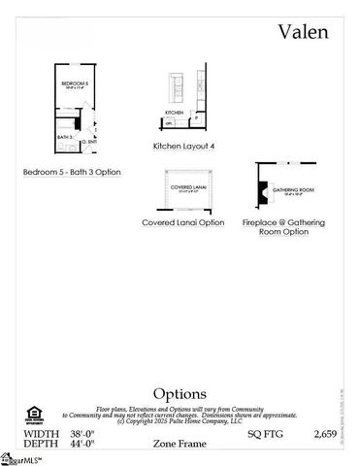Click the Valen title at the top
click(x=304, y=31)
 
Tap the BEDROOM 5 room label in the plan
click(x=75, y=84)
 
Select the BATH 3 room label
click(x=65, y=138)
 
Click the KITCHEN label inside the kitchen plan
click(x=175, y=113)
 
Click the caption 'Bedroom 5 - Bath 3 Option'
click(x=72, y=172)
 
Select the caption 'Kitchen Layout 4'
click(x=183, y=146)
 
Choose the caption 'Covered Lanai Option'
click(x=183, y=222)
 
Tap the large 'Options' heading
click(x=180, y=394)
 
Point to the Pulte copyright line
click(x=180, y=422)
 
